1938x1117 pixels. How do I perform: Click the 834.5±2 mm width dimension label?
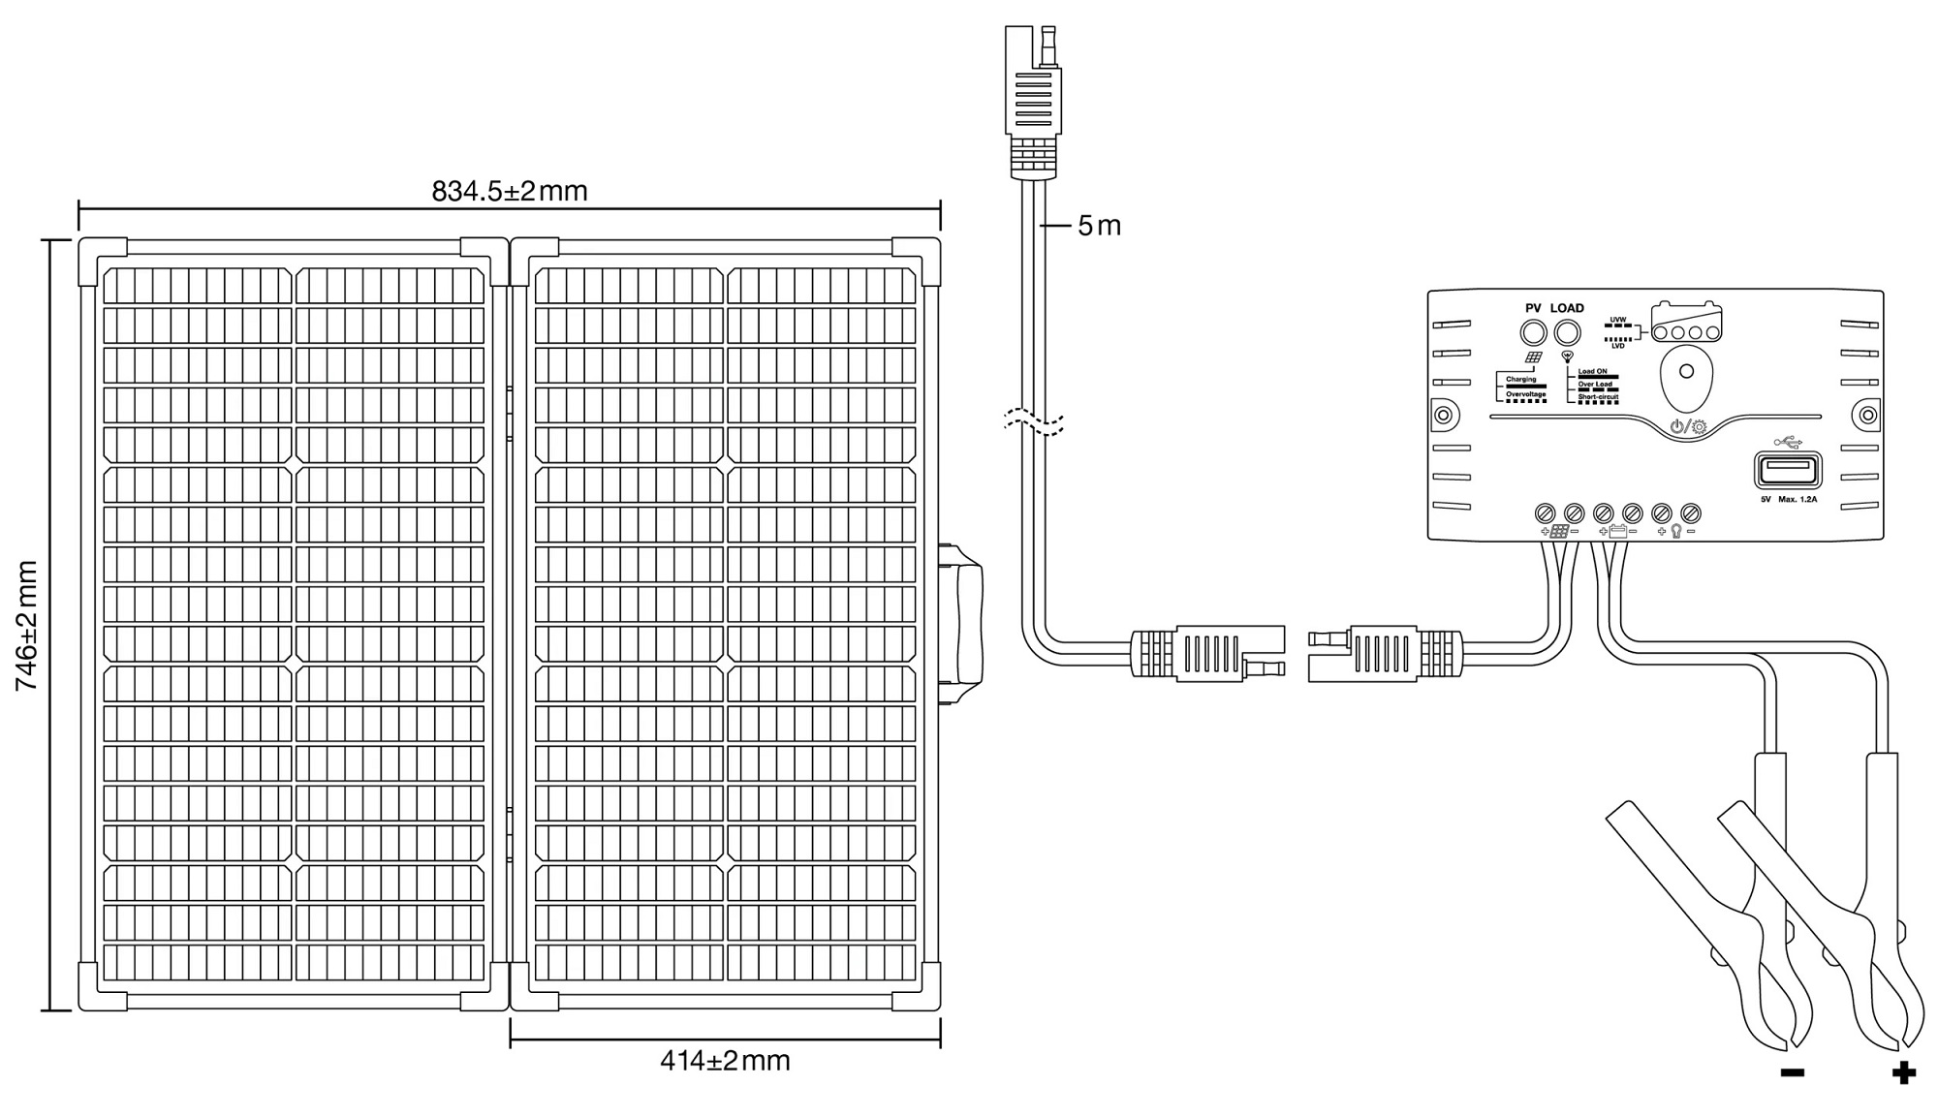pyautogui.click(x=510, y=191)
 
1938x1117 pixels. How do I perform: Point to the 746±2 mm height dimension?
pyautogui.click(x=26, y=625)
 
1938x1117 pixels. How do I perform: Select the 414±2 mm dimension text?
pyautogui.click(x=725, y=1060)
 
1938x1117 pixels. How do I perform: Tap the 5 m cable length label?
pyautogui.click(x=1099, y=226)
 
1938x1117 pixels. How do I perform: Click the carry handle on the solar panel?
pyautogui.click(x=966, y=624)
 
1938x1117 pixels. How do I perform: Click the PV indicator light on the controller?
pyautogui.click(x=1533, y=333)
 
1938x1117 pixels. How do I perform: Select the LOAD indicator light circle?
pyautogui.click(x=1567, y=333)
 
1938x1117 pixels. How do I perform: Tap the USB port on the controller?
pyautogui.click(x=1787, y=471)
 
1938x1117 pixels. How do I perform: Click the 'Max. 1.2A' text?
pyautogui.click(x=1797, y=500)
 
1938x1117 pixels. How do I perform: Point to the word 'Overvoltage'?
pyautogui.click(x=1525, y=394)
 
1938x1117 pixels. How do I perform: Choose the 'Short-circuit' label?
pyautogui.click(x=1598, y=396)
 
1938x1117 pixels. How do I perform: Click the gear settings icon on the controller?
pyautogui.click(x=1699, y=426)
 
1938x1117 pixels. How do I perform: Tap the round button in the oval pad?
pyautogui.click(x=1686, y=371)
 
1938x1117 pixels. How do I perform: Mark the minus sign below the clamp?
pyautogui.click(x=1792, y=1072)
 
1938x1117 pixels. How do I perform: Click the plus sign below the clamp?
pyautogui.click(x=1903, y=1072)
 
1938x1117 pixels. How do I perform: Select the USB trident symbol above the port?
pyautogui.click(x=1787, y=443)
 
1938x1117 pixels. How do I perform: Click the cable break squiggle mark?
pyautogui.click(x=1034, y=421)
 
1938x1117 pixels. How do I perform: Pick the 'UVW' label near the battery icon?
pyautogui.click(x=1617, y=319)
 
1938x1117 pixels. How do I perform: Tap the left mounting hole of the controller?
pyautogui.click(x=1443, y=416)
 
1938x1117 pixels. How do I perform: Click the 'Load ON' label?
pyautogui.click(x=1592, y=371)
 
